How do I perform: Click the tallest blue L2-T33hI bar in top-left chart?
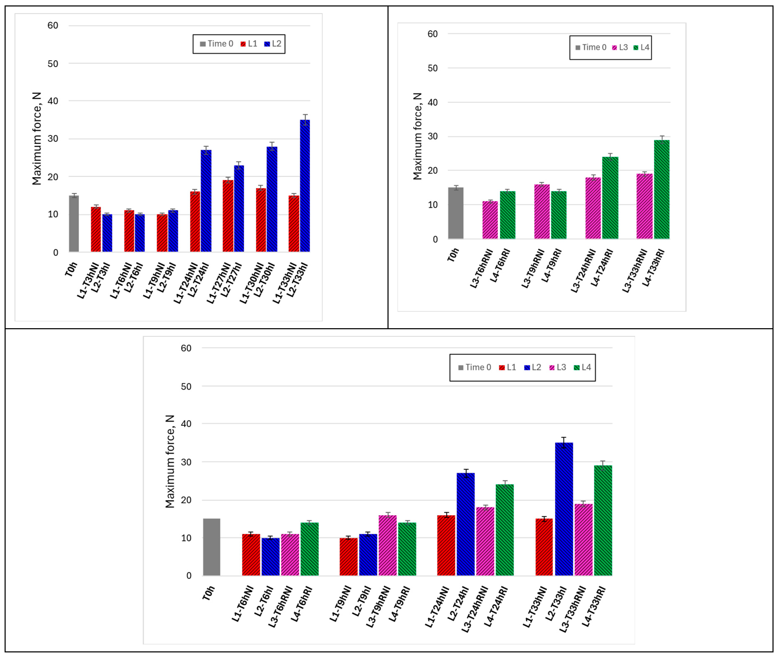pyautogui.click(x=305, y=186)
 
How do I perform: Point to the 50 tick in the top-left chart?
pyautogui.click(x=53, y=64)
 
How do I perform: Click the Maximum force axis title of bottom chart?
pyautogui.click(x=170, y=462)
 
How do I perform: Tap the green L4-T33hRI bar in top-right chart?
pyautogui.click(x=661, y=190)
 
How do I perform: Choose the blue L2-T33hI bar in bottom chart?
pyautogui.click(x=564, y=510)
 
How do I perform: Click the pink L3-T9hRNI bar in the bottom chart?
pyautogui.click(x=387, y=546)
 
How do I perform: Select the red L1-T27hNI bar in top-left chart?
pyautogui.click(x=228, y=216)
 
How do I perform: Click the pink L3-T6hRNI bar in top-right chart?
pyautogui.click(x=490, y=220)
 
